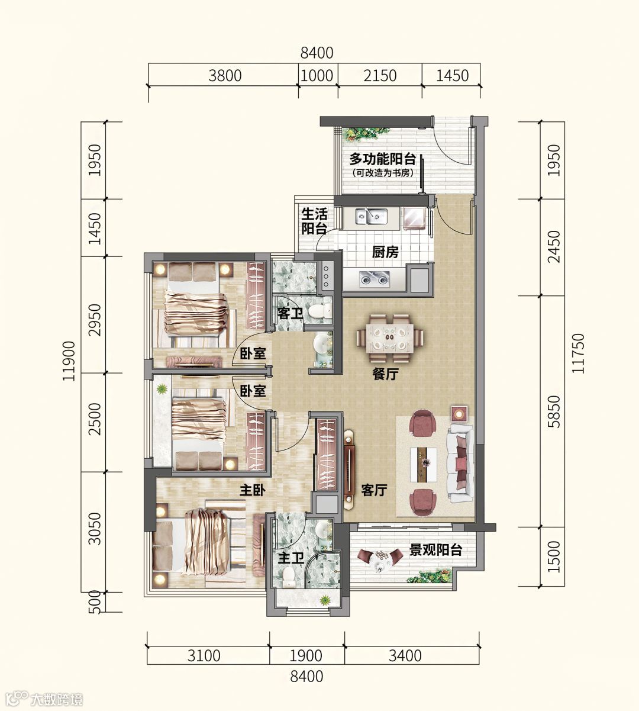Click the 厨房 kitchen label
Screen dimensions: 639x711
[385, 252]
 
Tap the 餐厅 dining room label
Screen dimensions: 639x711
[386, 374]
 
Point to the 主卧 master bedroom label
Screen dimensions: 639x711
[253, 491]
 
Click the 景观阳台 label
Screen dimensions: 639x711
[436, 550]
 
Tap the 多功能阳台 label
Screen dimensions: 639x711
[383, 159]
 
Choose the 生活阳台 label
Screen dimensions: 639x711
[314, 221]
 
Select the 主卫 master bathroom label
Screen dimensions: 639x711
[291, 559]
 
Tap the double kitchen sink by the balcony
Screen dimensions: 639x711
[372, 216]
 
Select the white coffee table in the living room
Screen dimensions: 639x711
[424, 464]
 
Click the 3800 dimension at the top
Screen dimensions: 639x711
[225, 76]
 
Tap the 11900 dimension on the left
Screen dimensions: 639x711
[69, 361]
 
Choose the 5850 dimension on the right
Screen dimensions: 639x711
[554, 411]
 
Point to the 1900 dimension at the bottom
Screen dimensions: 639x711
[306, 656]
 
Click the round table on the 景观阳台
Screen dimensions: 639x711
[380, 560]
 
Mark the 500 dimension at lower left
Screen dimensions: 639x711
[96, 602]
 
